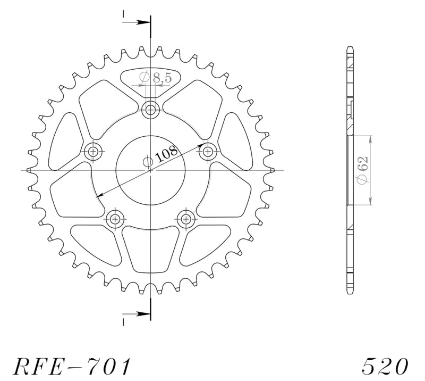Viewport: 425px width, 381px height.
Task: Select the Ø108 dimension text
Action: (161, 155)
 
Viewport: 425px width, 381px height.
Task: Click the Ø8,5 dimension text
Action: (156, 77)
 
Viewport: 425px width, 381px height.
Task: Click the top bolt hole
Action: (150, 110)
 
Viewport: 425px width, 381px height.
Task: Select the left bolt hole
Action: (93, 151)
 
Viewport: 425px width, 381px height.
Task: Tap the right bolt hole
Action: (208, 151)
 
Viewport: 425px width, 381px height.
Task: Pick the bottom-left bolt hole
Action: (115, 218)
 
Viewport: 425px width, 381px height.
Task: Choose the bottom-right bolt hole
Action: (186, 218)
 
